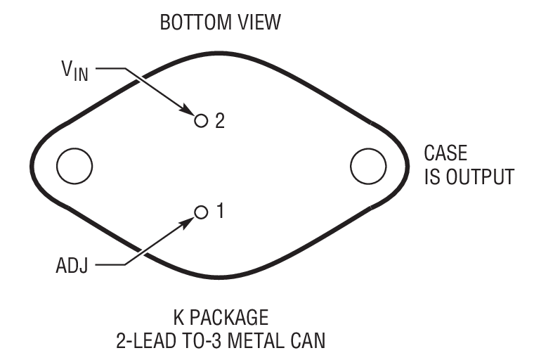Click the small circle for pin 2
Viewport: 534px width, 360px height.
(202, 120)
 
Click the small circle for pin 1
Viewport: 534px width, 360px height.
(202, 211)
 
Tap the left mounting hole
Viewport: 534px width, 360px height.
(74, 167)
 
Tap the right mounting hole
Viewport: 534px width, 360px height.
(368, 167)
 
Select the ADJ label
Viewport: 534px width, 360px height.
(72, 267)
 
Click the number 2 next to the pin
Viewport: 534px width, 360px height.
(219, 121)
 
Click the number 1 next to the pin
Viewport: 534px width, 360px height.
(219, 211)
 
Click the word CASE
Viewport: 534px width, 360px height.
(445, 153)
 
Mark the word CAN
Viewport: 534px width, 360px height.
(308, 341)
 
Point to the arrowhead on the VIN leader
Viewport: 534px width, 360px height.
(189, 112)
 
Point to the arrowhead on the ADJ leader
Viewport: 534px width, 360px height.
(189, 219)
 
